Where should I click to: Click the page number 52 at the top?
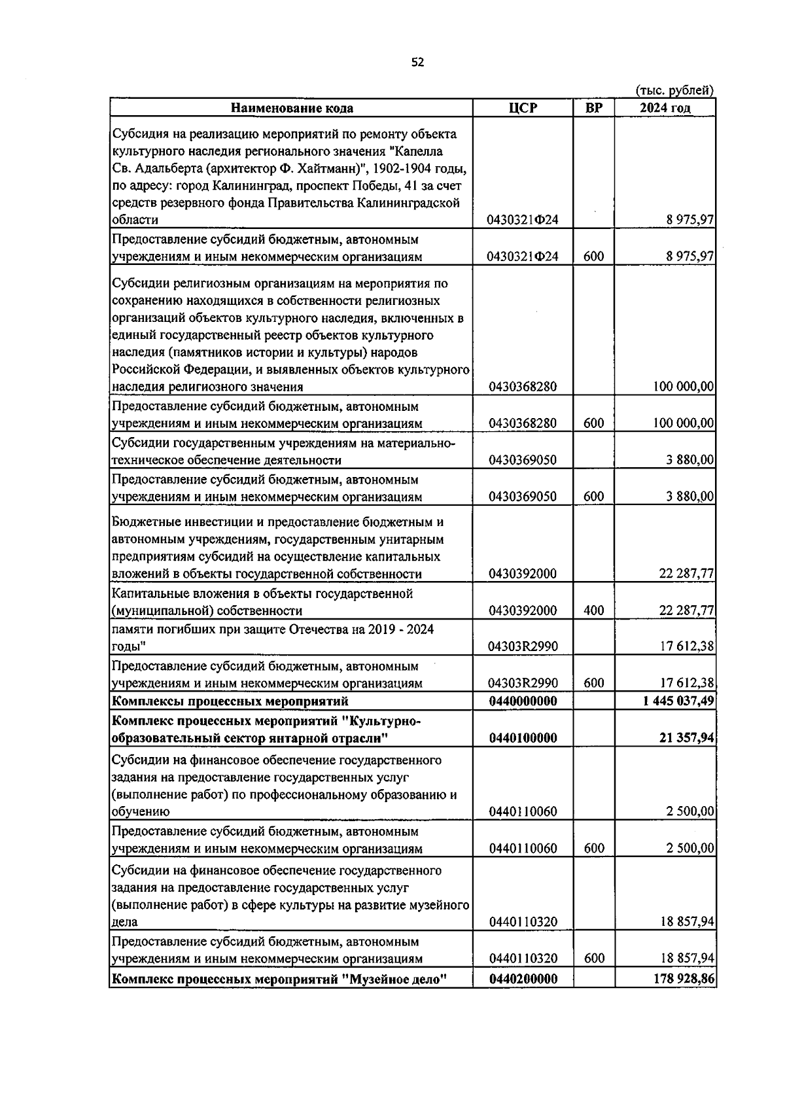417,63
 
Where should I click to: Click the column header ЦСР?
523,108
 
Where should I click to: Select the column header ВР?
593,108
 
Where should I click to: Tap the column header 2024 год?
665,108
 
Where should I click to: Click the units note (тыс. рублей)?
674,91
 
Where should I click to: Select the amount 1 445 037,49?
678,701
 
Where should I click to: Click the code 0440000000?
523,701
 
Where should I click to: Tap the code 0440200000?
523,979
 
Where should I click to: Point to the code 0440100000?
523,738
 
